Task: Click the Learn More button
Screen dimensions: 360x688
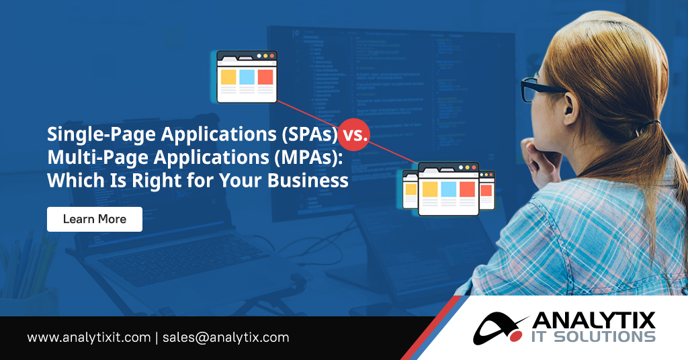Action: point(94,219)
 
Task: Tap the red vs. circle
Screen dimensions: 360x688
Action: point(353,135)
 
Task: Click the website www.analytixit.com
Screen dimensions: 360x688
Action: point(89,337)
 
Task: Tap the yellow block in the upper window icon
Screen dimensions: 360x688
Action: point(228,77)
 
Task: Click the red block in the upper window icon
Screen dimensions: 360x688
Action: point(265,77)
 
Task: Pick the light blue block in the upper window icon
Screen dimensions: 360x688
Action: point(247,77)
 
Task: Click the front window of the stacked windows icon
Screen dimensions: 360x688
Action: point(448,189)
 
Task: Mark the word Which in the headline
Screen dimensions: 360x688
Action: point(69,181)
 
